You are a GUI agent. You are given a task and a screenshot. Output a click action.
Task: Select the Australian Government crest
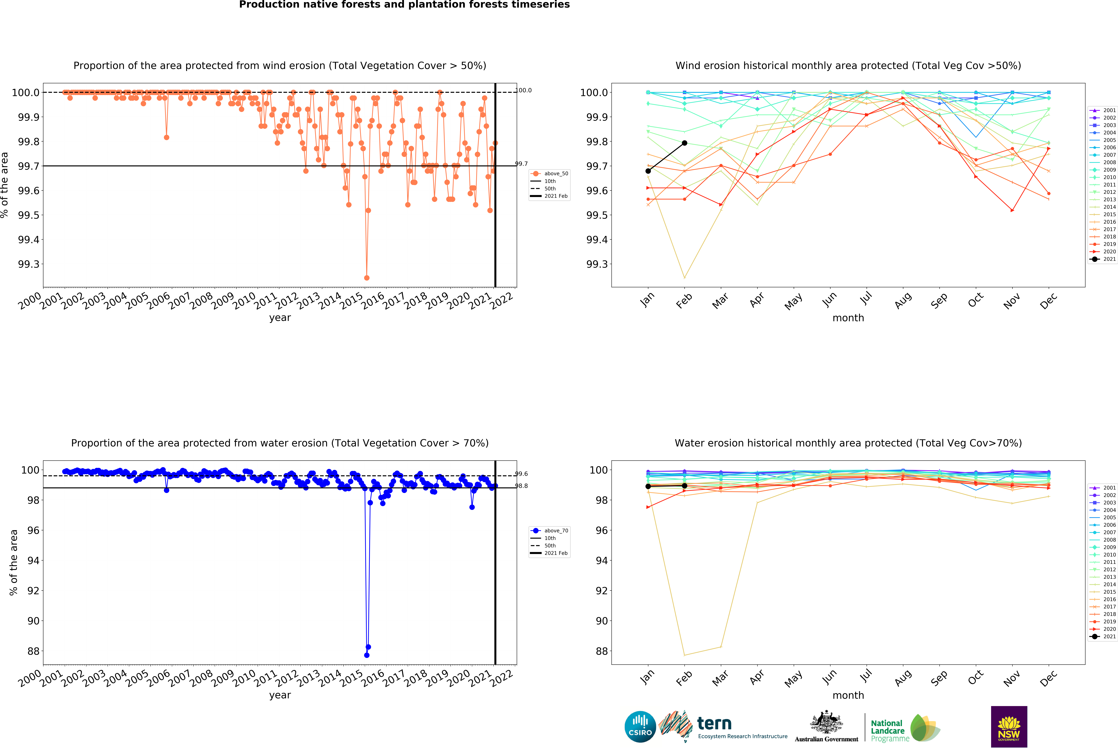click(826, 722)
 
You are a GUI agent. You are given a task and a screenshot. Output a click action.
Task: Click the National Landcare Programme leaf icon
click(925, 728)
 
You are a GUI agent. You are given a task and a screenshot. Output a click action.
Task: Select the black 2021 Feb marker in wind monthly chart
click(685, 143)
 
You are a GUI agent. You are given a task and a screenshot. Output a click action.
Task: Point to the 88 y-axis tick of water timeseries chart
click(33, 651)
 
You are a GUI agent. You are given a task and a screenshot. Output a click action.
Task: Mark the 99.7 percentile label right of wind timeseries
click(521, 164)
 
